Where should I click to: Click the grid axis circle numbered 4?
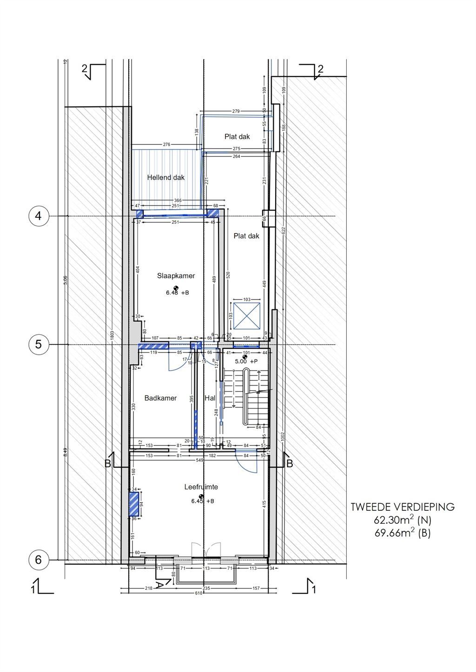click(x=39, y=216)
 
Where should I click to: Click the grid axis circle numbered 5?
click(x=39, y=345)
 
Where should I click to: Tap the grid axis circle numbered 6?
click(x=39, y=560)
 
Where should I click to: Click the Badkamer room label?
click(x=160, y=398)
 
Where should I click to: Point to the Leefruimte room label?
click(x=201, y=487)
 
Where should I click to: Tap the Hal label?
click(x=210, y=398)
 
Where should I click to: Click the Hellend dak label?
click(x=166, y=177)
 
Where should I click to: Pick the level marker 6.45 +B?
click(x=202, y=501)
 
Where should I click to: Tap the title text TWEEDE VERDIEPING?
click(x=403, y=507)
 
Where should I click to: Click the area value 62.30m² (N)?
click(x=403, y=520)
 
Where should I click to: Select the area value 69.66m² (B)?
click(x=403, y=533)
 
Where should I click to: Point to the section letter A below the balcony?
click(x=159, y=584)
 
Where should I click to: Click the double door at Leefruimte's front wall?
click(x=205, y=550)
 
